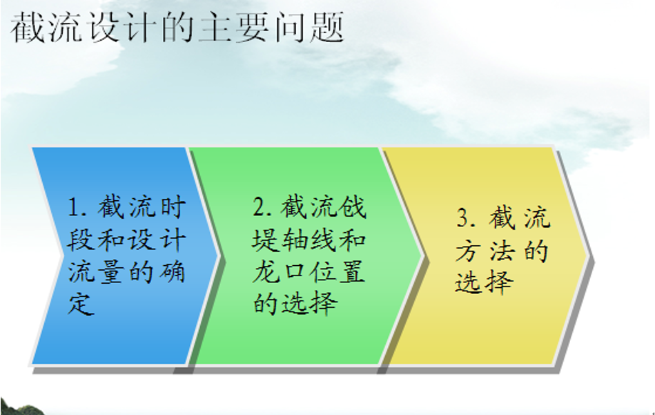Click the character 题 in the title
point(327,27)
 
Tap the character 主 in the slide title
point(215,27)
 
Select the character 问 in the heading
point(290,27)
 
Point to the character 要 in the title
point(253,27)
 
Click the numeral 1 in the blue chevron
point(75,207)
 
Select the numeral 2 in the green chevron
point(260,206)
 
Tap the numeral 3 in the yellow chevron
point(463,218)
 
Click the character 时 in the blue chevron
point(173,207)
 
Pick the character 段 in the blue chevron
point(80,240)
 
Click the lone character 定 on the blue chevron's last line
point(80,303)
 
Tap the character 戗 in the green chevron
point(354,206)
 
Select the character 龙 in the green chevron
point(265,271)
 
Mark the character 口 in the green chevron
point(295,271)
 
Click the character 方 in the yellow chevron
point(468,251)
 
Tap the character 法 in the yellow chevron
point(502,251)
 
